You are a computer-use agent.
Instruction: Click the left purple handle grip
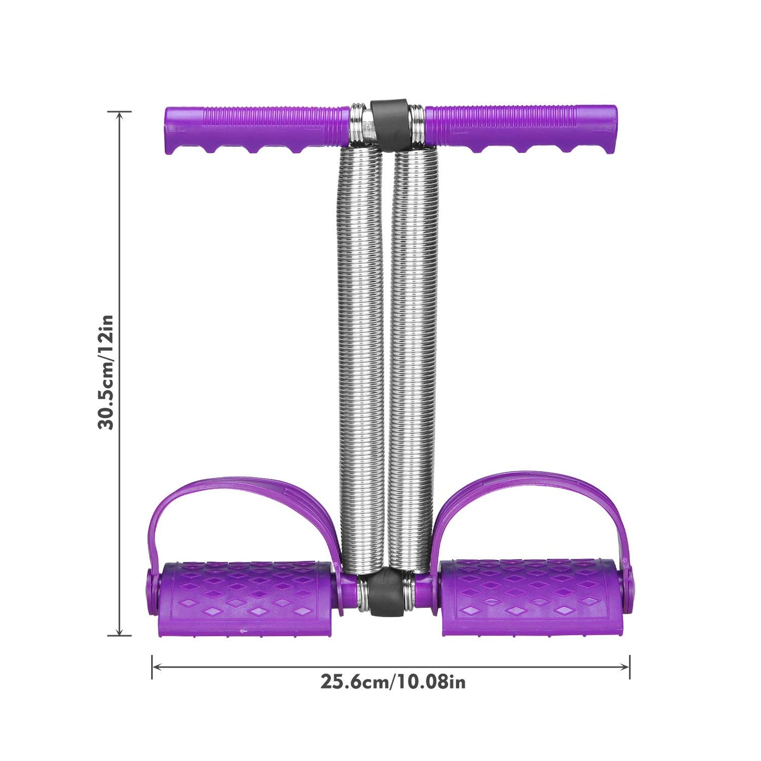tap(256, 129)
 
